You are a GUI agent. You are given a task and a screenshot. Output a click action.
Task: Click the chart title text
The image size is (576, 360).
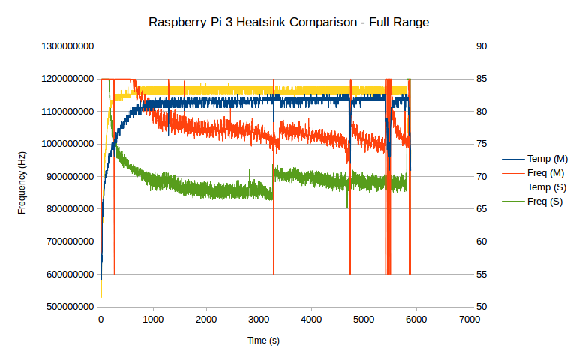pos(289,22)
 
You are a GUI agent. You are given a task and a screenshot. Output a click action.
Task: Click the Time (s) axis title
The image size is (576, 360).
pos(263,340)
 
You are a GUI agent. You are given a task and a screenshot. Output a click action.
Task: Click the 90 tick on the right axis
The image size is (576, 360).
pos(482,46)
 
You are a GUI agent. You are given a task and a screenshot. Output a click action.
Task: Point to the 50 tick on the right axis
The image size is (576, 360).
pos(482,307)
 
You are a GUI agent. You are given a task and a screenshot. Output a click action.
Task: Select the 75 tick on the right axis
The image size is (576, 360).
pos(482,144)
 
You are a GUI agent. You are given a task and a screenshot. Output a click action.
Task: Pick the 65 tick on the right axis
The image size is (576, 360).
pos(482,209)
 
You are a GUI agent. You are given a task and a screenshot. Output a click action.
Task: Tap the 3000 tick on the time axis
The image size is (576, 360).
pos(259,319)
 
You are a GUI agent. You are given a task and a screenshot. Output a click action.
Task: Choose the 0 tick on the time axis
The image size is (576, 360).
pos(101,319)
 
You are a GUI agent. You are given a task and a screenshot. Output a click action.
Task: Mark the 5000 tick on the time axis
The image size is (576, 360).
pos(364,319)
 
